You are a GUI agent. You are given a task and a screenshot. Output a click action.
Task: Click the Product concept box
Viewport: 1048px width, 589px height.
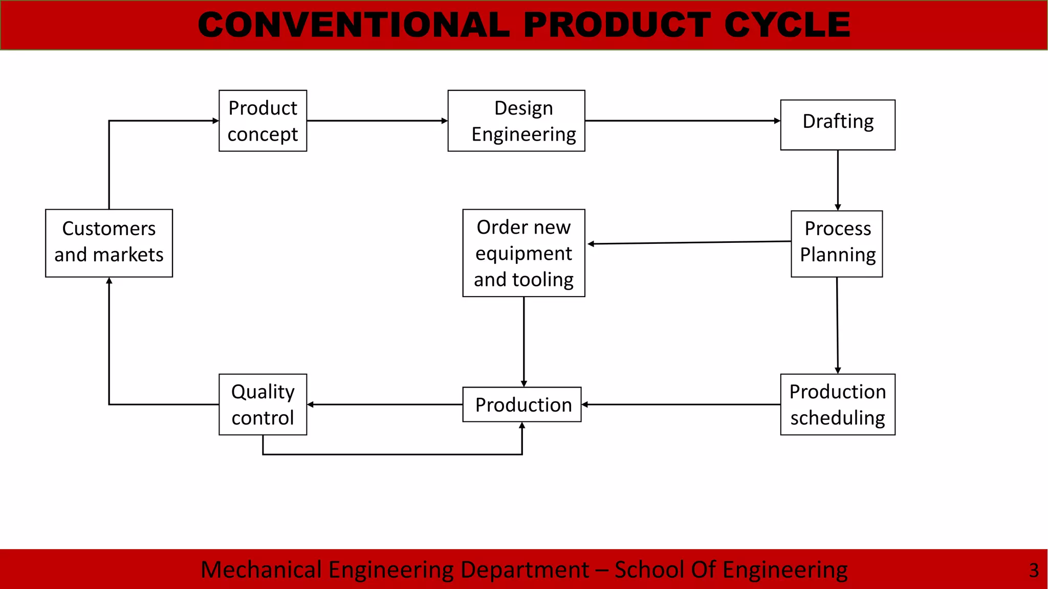(263, 121)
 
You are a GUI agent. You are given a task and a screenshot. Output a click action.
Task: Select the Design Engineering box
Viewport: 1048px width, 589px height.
(516, 121)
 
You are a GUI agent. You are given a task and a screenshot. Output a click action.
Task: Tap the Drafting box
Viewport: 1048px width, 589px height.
(837, 125)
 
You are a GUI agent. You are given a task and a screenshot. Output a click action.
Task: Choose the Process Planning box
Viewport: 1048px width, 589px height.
(837, 243)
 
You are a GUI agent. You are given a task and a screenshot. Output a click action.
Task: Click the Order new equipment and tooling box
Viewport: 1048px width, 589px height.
(523, 253)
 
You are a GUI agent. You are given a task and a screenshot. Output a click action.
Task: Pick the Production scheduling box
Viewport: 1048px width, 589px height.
(837, 404)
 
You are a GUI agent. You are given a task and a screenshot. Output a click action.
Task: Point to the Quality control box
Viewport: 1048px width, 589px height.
(263, 404)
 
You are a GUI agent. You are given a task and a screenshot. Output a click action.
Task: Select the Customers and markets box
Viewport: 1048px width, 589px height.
(109, 243)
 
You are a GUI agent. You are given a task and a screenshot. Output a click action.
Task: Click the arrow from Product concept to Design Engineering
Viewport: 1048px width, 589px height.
(377, 121)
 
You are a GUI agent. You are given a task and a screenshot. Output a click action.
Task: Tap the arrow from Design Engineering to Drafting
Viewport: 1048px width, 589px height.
(682, 121)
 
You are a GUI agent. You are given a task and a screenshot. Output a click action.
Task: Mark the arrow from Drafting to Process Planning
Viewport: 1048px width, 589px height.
(838, 180)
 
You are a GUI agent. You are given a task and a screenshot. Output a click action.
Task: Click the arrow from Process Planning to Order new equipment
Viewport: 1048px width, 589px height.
(689, 243)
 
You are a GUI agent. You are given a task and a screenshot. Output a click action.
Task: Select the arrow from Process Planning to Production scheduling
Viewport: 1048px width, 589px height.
(837, 325)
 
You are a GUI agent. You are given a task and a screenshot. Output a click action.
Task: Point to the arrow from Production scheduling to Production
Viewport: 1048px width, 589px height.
(681, 404)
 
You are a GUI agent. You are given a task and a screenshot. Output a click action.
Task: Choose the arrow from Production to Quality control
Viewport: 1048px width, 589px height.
(385, 404)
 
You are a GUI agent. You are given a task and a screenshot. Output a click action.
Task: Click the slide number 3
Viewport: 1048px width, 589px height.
(1034, 570)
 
